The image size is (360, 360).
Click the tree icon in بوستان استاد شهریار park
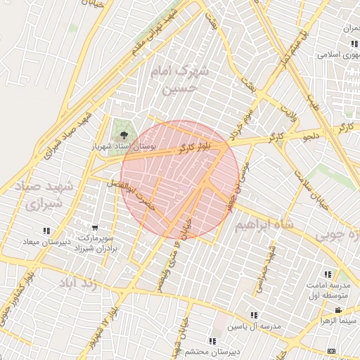(x=124, y=134)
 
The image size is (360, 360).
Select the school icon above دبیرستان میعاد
(x=46, y=231)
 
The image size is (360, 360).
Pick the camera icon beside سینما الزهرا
(x=338, y=310)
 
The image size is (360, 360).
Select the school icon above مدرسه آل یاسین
(x=253, y=316)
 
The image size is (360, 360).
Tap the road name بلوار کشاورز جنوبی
(x=20, y=302)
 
